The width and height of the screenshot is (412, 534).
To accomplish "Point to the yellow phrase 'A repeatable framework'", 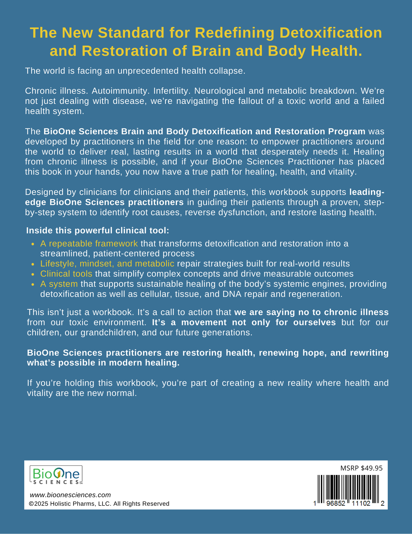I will point(89,243).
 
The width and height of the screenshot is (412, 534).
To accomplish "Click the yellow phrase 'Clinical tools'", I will point(66,274).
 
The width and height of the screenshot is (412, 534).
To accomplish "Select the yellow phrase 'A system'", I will point(59,284).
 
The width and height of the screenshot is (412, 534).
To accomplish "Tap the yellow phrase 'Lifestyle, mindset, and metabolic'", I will point(107,263).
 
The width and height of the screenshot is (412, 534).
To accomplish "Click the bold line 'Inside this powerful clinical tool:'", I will point(98,230).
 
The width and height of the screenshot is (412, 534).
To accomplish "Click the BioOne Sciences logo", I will point(56,475).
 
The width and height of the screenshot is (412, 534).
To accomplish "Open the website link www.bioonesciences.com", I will point(70,495).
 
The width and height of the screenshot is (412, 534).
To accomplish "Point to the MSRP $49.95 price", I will point(362,468).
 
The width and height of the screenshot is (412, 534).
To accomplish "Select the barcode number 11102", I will point(361,504).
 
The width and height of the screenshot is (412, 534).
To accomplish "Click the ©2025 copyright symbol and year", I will point(38,504).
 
